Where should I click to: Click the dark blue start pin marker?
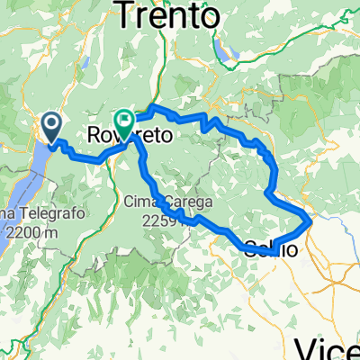[50, 127]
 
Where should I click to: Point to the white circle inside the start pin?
[50, 122]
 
